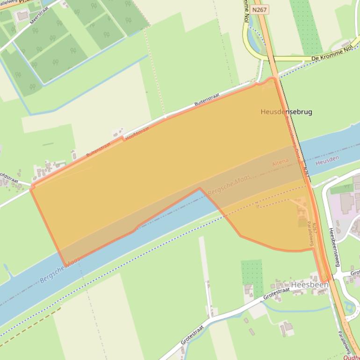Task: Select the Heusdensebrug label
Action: click(286, 112)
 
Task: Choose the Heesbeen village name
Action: click(310, 284)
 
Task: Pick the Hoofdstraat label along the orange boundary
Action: click(137, 132)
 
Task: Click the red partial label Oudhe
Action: click(351, 357)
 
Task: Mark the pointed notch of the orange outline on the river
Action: click(200, 188)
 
